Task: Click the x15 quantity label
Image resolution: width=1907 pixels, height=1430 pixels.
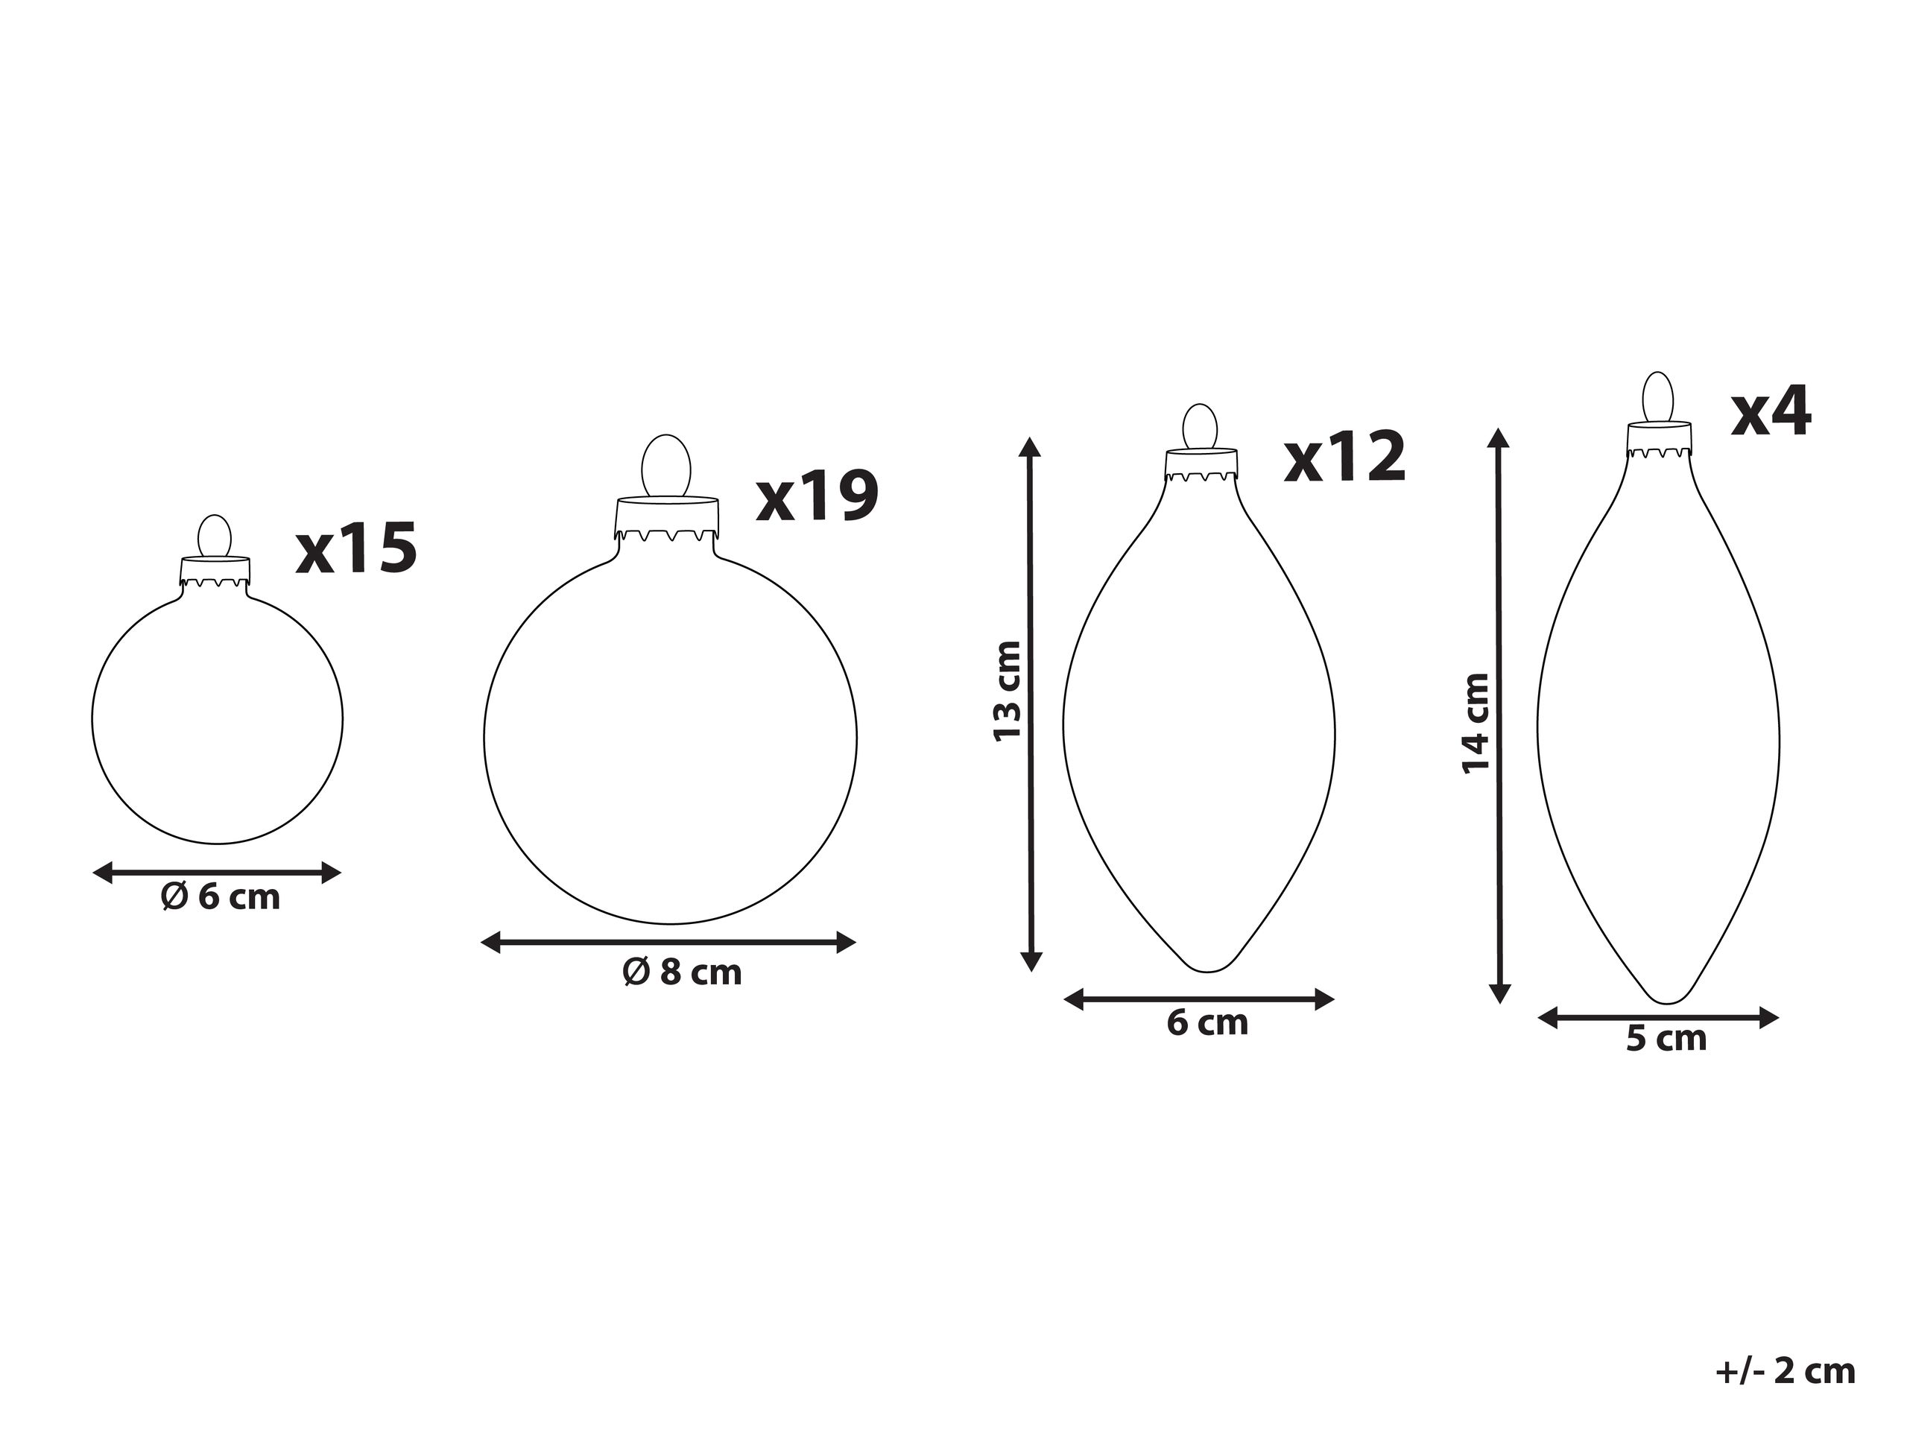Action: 357,548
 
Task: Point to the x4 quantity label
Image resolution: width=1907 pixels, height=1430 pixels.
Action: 1771,412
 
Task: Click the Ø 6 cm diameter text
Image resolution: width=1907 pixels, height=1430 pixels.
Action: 221,897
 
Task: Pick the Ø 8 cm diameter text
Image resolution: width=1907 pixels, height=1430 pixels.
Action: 682,972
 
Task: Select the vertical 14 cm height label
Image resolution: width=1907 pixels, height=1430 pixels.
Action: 1476,723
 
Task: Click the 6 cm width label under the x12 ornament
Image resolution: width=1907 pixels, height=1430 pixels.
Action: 1208,1023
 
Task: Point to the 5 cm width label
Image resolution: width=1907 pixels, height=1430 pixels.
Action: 1666,1039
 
